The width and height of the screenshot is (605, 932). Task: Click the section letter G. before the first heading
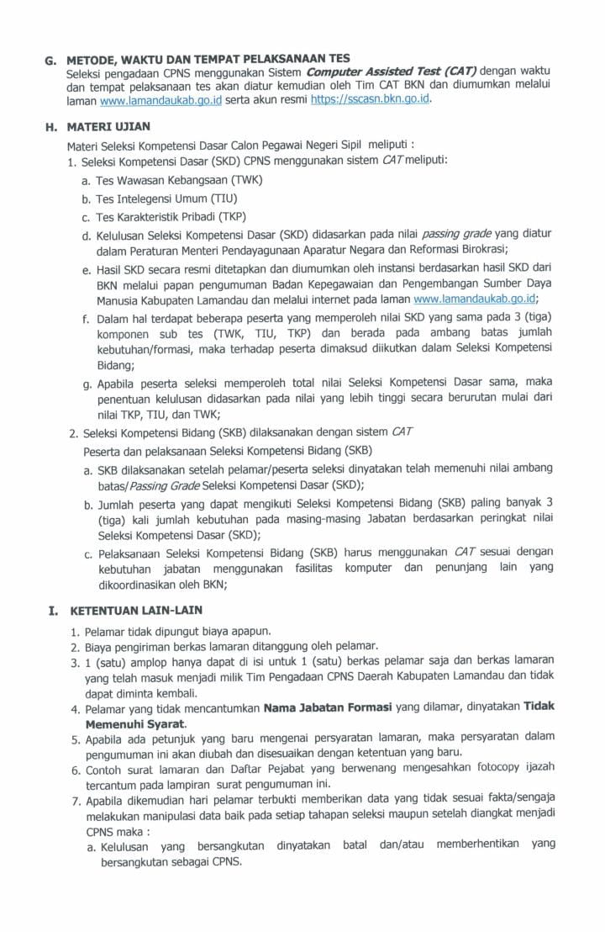tap(50, 61)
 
